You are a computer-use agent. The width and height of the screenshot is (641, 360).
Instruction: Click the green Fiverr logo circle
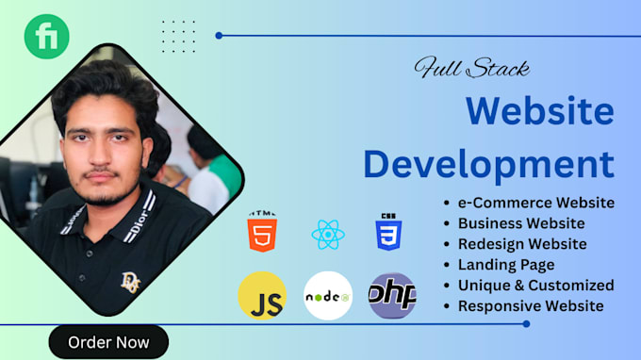click(x=46, y=37)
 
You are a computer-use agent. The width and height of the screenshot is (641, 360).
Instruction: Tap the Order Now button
click(x=108, y=341)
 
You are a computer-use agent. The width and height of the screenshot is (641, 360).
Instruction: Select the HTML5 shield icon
click(x=262, y=232)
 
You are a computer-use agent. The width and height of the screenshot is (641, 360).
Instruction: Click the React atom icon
click(x=328, y=233)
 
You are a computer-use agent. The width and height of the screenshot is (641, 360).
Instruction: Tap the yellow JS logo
click(x=262, y=295)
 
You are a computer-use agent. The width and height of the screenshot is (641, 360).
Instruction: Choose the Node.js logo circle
click(x=328, y=295)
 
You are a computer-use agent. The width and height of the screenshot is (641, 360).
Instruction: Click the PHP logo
click(x=392, y=295)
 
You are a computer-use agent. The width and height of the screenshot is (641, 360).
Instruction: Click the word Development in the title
click(x=488, y=163)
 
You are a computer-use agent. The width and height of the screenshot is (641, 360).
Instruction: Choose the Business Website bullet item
click(x=520, y=223)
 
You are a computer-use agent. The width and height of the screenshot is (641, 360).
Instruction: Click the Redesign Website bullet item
click(x=521, y=244)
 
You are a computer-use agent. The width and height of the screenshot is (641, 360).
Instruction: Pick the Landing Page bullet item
click(x=505, y=265)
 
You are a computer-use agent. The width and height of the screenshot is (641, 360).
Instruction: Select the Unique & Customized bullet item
click(x=535, y=285)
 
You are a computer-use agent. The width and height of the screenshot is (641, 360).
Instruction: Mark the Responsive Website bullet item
click(x=531, y=305)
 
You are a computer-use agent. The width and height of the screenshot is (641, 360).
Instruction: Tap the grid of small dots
click(x=178, y=37)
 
